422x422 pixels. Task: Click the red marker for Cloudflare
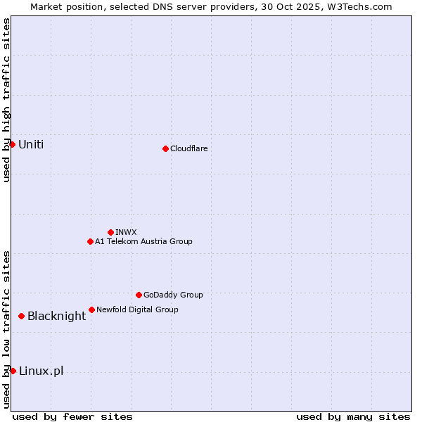click(x=165, y=148)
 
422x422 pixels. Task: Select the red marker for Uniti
click(x=12, y=144)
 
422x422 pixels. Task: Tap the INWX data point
click(x=110, y=232)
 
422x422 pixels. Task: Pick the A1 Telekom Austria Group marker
click(x=90, y=241)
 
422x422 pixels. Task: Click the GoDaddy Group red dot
click(x=139, y=295)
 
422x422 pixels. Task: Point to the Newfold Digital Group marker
click(x=91, y=309)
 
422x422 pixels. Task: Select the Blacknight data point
click(x=22, y=316)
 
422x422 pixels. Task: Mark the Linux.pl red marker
click(x=13, y=371)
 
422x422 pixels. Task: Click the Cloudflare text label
click(x=188, y=148)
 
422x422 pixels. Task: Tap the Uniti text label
click(x=31, y=144)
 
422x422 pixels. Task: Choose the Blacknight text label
click(x=56, y=316)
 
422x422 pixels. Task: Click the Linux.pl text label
click(x=41, y=371)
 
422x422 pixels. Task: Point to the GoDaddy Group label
click(x=173, y=295)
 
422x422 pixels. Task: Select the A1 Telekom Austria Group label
click(x=143, y=241)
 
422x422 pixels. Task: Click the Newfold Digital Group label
click(x=137, y=309)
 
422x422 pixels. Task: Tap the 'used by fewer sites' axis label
click(x=72, y=416)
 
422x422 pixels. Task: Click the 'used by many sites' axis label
click(x=353, y=416)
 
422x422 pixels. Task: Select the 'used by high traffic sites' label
click(x=6, y=100)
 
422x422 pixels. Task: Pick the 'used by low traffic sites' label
click(x=6, y=329)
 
